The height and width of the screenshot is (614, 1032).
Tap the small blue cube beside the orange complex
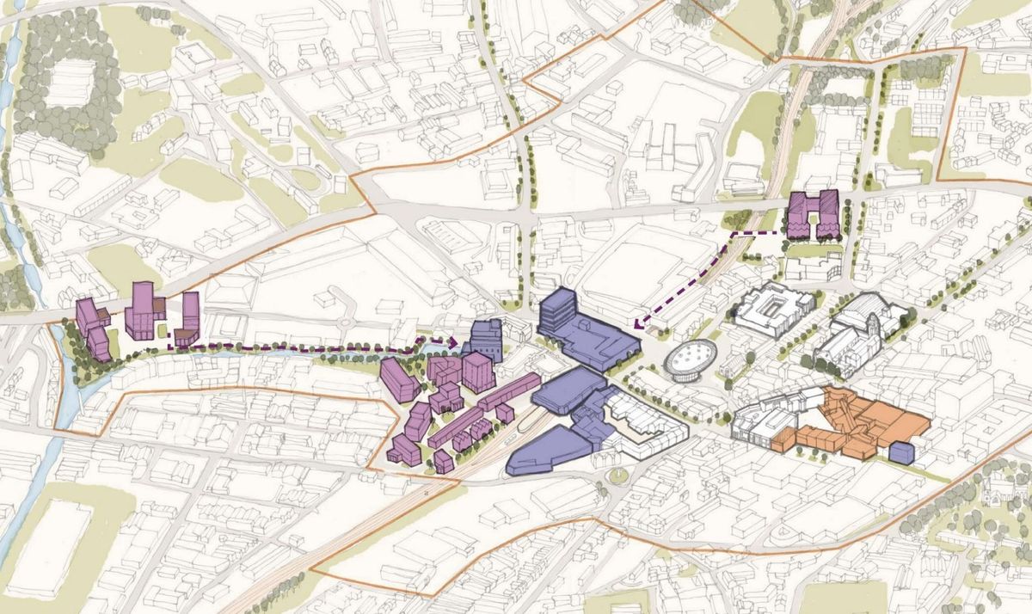[901, 451]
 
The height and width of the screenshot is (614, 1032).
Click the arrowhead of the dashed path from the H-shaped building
[637, 325]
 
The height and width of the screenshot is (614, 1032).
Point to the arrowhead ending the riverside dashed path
[452, 341]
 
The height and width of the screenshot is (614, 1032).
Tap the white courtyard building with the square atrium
[771, 310]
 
